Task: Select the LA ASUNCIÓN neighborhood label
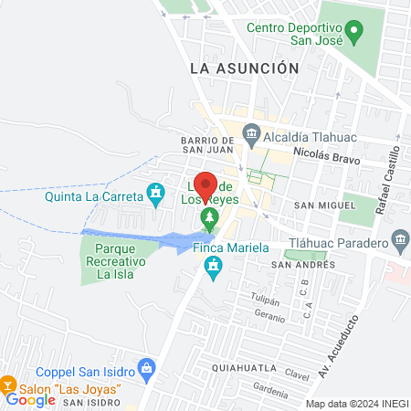click(244, 68)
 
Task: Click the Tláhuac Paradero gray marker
click(400, 242)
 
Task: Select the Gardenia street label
click(272, 394)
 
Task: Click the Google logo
click(29, 400)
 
